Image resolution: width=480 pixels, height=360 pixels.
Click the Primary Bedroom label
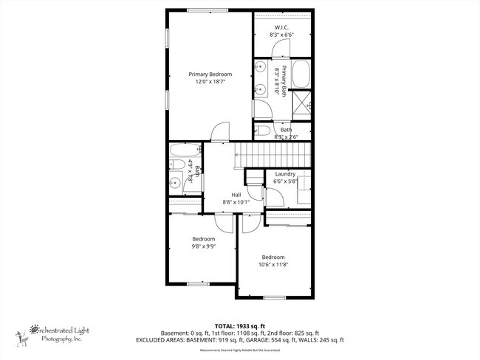(210, 74)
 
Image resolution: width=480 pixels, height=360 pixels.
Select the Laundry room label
(284, 174)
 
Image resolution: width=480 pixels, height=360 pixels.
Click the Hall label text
(236, 194)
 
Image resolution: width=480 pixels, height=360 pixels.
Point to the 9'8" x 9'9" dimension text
(204, 248)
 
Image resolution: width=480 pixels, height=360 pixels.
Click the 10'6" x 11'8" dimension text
(272, 265)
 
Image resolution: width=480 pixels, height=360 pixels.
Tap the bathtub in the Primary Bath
(301, 74)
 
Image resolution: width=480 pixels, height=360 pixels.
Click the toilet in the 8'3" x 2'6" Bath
(263, 131)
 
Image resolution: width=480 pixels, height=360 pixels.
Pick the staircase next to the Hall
(270, 155)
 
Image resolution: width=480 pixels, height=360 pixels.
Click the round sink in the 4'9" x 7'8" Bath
(176, 181)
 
